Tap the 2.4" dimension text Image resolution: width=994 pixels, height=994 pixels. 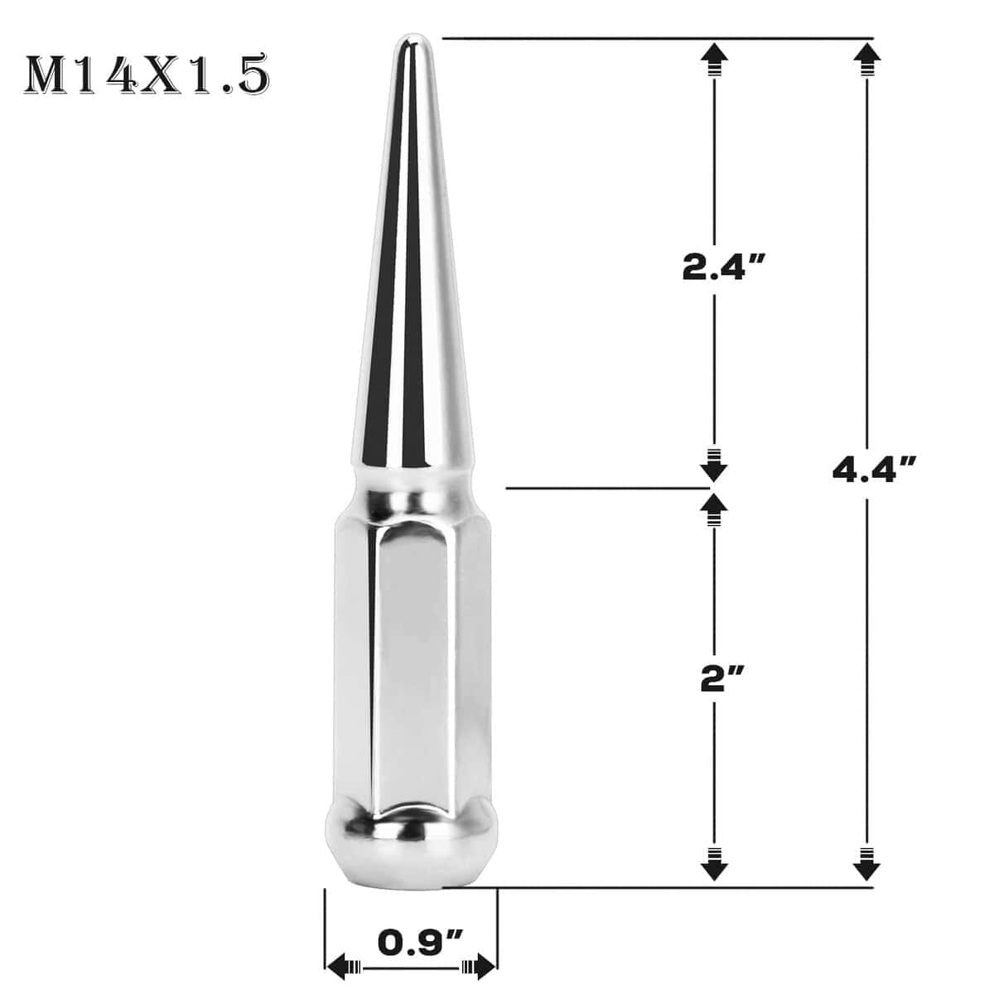point(721,268)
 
